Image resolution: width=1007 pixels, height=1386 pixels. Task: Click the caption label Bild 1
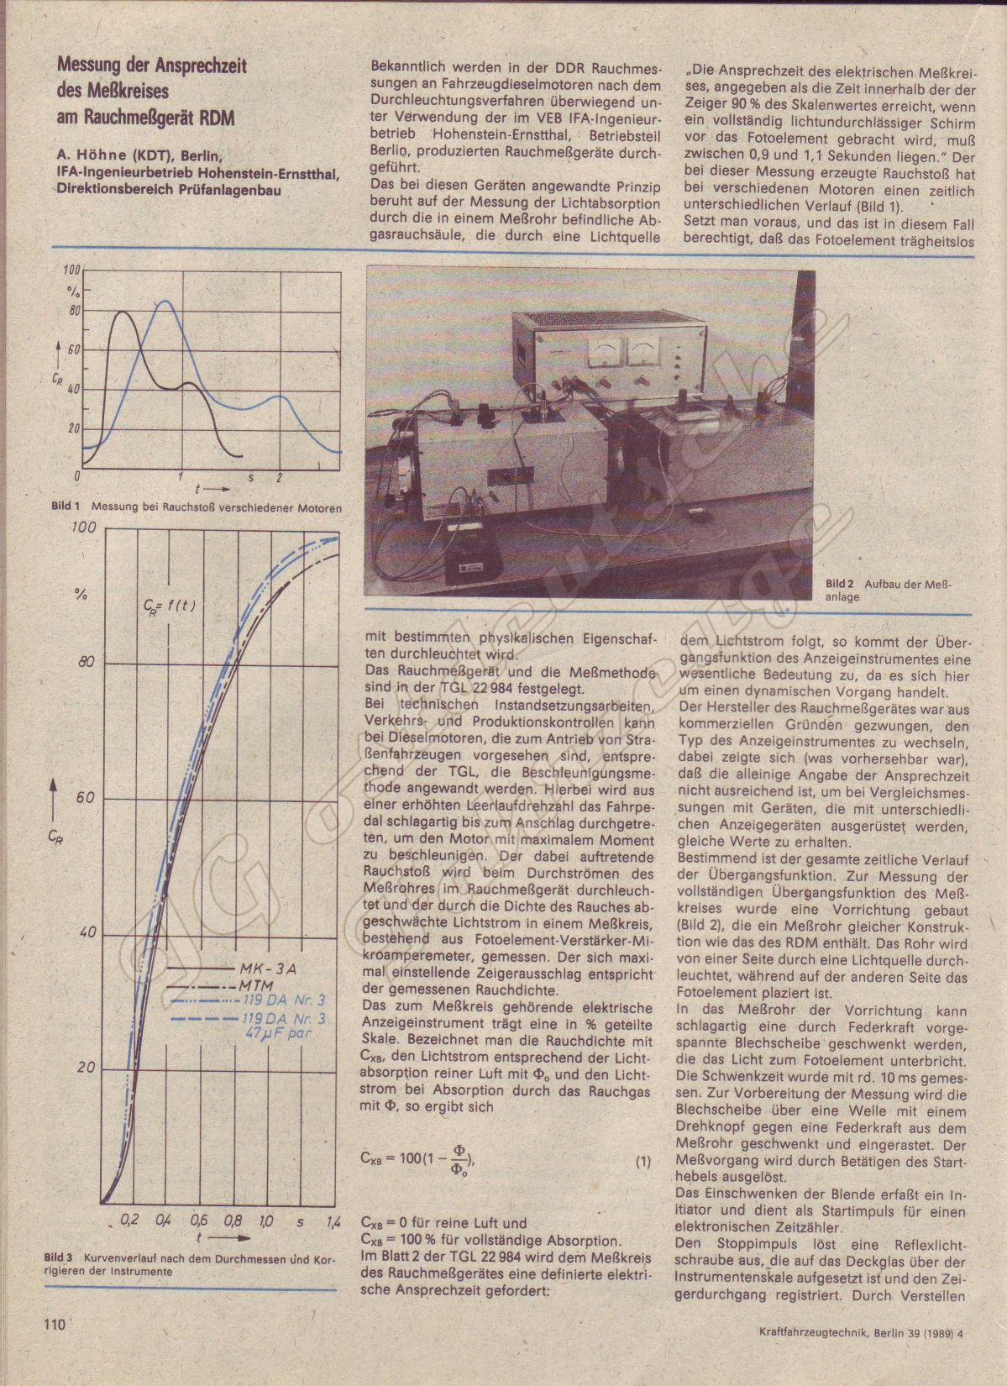point(65,507)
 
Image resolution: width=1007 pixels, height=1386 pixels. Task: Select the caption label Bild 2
point(838,584)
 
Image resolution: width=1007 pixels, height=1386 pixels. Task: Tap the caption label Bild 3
point(59,1258)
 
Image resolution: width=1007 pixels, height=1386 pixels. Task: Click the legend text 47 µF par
point(275,1033)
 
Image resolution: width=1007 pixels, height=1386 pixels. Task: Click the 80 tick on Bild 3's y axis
point(86,663)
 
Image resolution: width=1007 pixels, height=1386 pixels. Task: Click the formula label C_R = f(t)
point(168,604)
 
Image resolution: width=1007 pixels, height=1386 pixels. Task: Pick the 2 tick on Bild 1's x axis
point(279,477)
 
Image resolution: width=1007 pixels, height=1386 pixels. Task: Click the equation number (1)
point(642,1162)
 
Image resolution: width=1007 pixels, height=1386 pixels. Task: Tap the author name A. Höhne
point(93,156)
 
